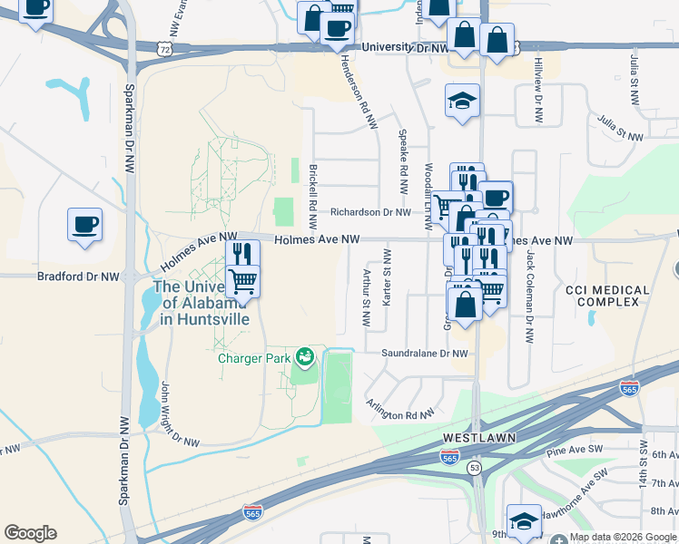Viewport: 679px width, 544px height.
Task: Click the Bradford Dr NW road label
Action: tap(77, 277)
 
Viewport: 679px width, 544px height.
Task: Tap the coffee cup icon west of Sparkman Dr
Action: tap(84, 224)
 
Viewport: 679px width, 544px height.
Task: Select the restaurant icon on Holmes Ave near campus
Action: tap(242, 254)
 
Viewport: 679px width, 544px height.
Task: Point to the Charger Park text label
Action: tap(254, 358)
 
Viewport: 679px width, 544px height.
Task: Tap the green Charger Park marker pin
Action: tap(305, 358)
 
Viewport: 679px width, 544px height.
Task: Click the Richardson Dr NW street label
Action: tap(371, 212)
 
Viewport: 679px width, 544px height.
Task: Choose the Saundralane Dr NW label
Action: tap(425, 354)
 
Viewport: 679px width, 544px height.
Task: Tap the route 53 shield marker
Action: tap(474, 468)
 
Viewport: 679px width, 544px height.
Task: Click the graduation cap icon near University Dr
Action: tap(462, 100)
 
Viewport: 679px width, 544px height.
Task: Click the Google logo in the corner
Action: tap(30, 533)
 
